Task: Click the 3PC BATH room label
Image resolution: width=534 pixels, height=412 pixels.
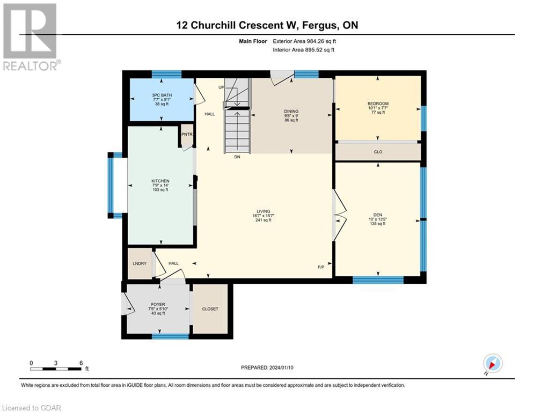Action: click(162, 95)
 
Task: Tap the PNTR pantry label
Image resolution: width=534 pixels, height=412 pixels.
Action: click(186, 135)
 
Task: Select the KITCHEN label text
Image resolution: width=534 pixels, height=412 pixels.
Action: click(160, 181)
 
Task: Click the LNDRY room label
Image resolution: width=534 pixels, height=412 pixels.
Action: click(140, 263)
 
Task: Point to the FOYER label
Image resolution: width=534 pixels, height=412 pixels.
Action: click(157, 304)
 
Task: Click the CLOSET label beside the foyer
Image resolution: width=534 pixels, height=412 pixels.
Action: click(210, 308)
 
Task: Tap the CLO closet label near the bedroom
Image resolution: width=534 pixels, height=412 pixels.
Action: click(378, 152)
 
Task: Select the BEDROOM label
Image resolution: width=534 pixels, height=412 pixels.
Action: click(378, 104)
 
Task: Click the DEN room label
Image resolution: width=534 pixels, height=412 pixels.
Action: click(378, 213)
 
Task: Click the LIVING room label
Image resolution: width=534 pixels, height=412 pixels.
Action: click(263, 211)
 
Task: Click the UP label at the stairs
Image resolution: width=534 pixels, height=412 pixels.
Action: click(221, 87)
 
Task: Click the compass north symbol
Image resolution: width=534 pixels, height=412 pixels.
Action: click(493, 364)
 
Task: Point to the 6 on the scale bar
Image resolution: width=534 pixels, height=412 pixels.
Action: click(81, 363)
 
